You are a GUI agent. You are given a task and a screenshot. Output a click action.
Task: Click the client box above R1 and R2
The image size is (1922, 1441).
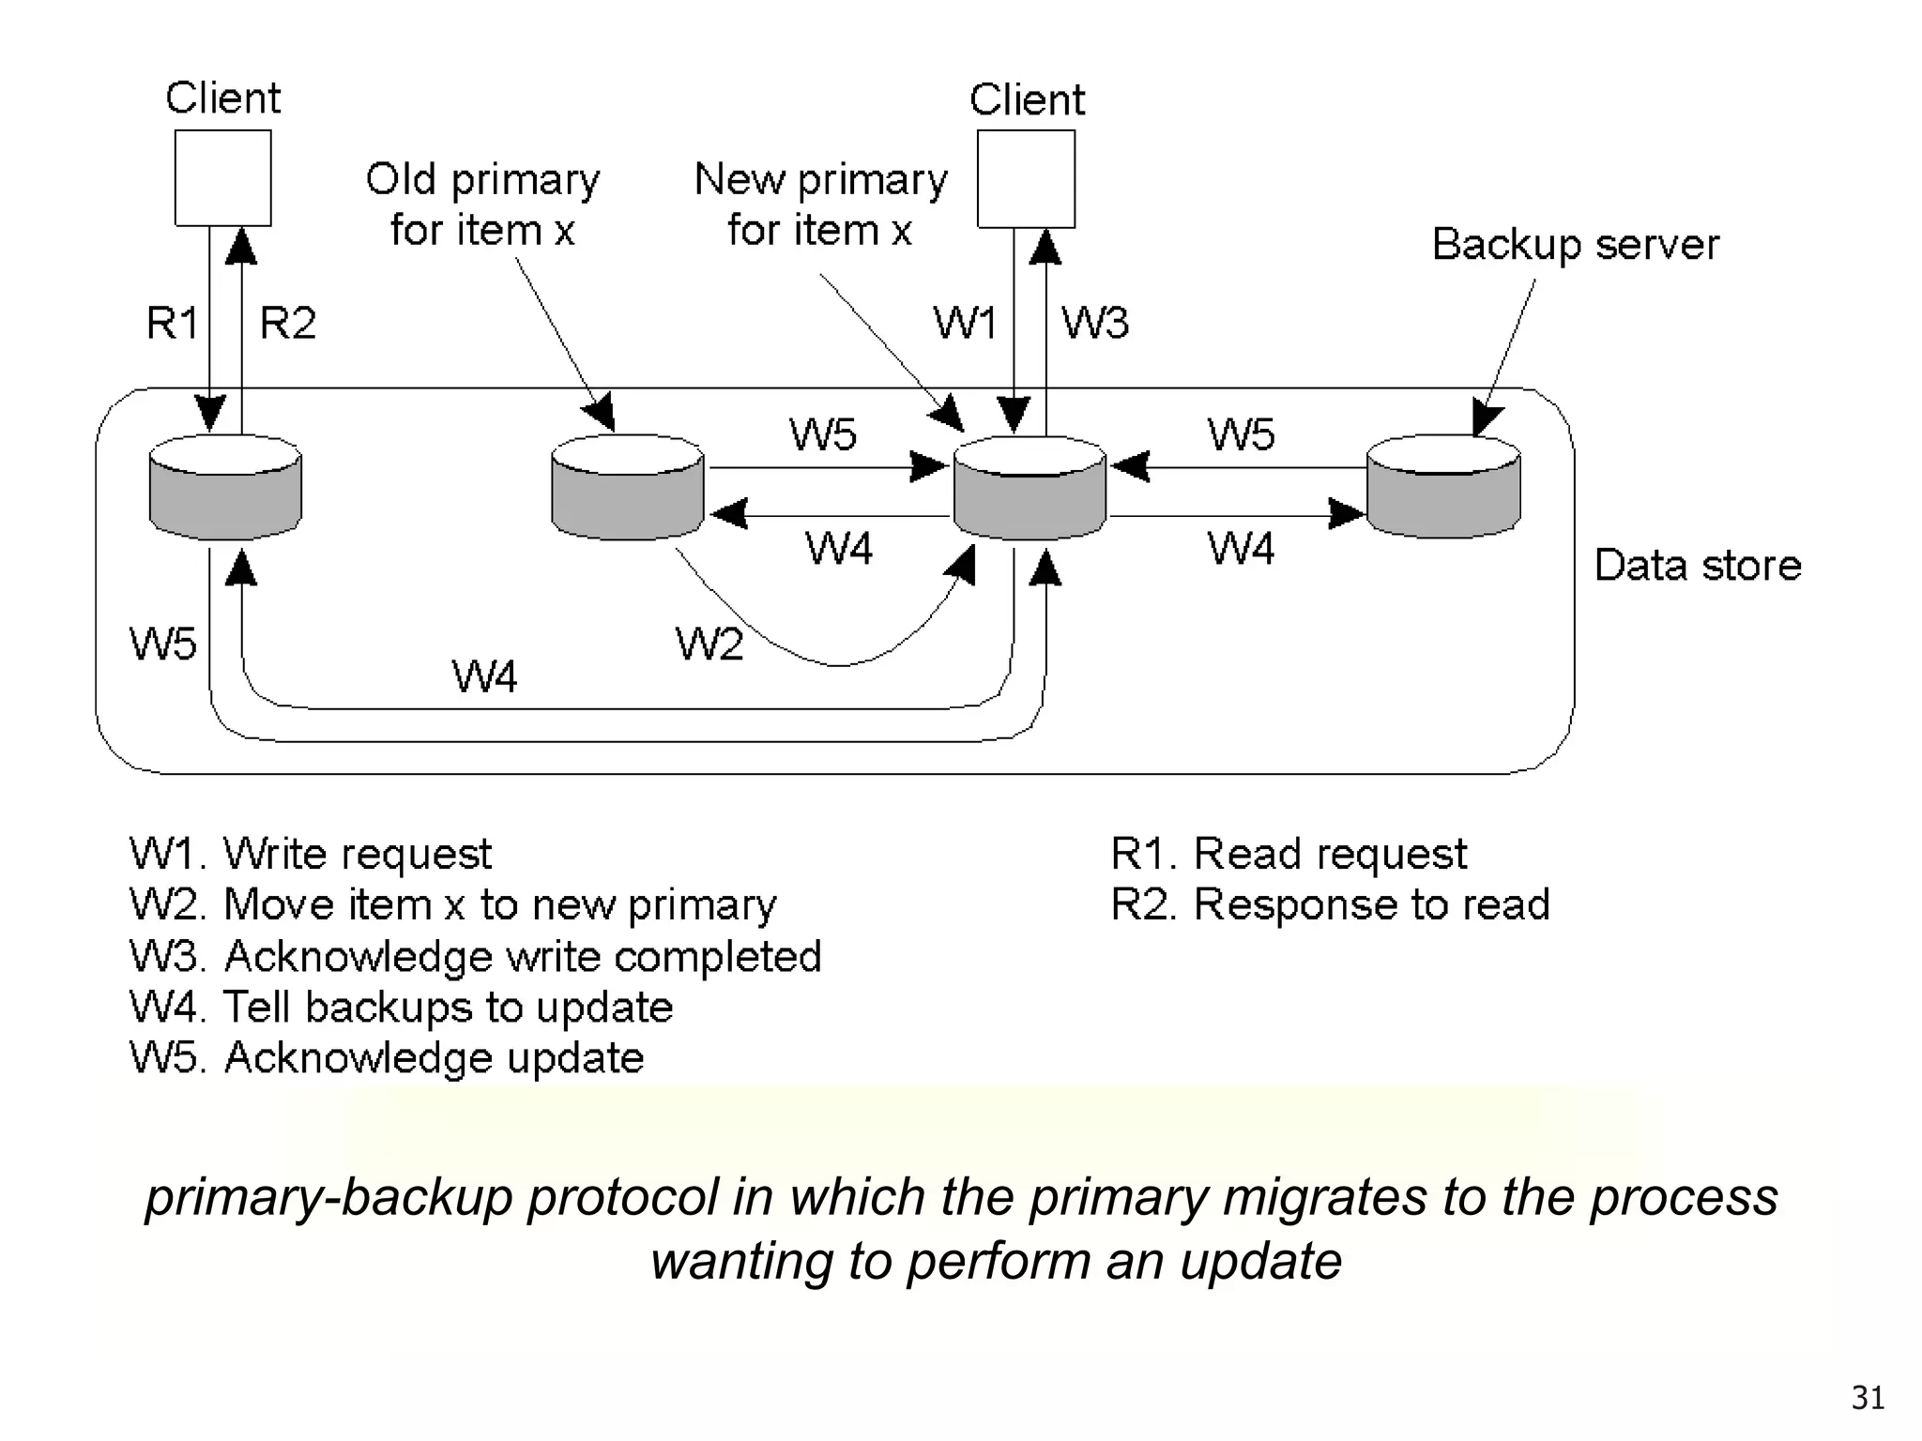(x=222, y=177)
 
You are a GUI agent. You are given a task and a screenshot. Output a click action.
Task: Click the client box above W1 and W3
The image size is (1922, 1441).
(x=1026, y=178)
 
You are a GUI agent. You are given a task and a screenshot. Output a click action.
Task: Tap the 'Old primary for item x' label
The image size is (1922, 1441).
(x=482, y=204)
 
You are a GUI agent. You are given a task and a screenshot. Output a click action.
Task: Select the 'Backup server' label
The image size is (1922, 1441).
(x=1575, y=245)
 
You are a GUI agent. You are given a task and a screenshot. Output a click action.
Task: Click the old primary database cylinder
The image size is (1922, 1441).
(x=627, y=488)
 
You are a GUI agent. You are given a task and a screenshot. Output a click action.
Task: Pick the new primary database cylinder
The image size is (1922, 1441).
(x=1030, y=489)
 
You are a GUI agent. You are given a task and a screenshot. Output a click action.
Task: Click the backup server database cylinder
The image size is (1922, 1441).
(x=1442, y=487)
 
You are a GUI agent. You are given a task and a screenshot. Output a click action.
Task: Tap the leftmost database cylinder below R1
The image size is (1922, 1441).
(x=225, y=488)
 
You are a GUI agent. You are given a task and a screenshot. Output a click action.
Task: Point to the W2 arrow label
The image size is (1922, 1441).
(x=709, y=645)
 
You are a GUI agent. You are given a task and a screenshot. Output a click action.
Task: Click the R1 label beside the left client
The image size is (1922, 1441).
(x=173, y=324)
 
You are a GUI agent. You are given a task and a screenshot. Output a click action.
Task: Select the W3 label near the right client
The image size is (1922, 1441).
(x=1094, y=324)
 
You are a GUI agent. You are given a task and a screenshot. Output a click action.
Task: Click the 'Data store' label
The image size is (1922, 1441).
(x=1697, y=566)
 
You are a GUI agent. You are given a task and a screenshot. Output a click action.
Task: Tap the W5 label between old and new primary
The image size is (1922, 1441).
(x=822, y=434)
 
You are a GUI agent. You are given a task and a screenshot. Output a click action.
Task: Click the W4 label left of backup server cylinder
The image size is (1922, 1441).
(x=1240, y=548)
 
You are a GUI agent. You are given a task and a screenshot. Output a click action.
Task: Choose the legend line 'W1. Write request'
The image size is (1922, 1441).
(x=310, y=854)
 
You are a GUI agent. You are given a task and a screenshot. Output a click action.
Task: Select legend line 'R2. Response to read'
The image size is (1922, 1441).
(x=1329, y=905)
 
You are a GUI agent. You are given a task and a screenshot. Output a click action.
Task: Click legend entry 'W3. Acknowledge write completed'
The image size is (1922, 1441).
(x=475, y=957)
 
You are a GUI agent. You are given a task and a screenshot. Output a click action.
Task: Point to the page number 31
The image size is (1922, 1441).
(x=1868, y=1398)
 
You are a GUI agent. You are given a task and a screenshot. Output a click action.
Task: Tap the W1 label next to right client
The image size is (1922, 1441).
(x=965, y=324)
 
